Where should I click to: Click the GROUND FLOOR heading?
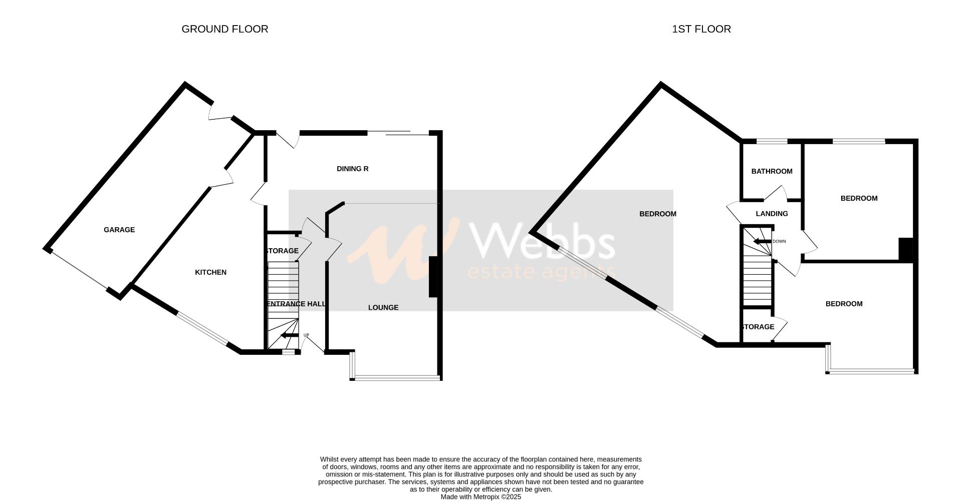click(224, 29)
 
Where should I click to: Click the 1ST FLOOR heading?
click(701, 29)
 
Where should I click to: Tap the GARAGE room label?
click(119, 230)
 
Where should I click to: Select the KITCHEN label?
click(210, 272)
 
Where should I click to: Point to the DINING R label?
click(352, 169)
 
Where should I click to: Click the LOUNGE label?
click(383, 307)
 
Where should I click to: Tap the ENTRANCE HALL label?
click(296, 304)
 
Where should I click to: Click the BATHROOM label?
click(772, 171)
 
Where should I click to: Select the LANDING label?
click(772, 214)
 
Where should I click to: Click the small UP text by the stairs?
click(306, 335)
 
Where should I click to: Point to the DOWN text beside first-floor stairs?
click(779, 241)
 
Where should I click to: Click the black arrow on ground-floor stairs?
click(289, 336)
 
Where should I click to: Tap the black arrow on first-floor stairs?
click(762, 242)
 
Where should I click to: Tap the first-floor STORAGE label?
click(757, 327)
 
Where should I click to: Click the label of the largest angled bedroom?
click(657, 214)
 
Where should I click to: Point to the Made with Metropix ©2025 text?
click(480, 497)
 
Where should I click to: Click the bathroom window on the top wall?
click(771, 141)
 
